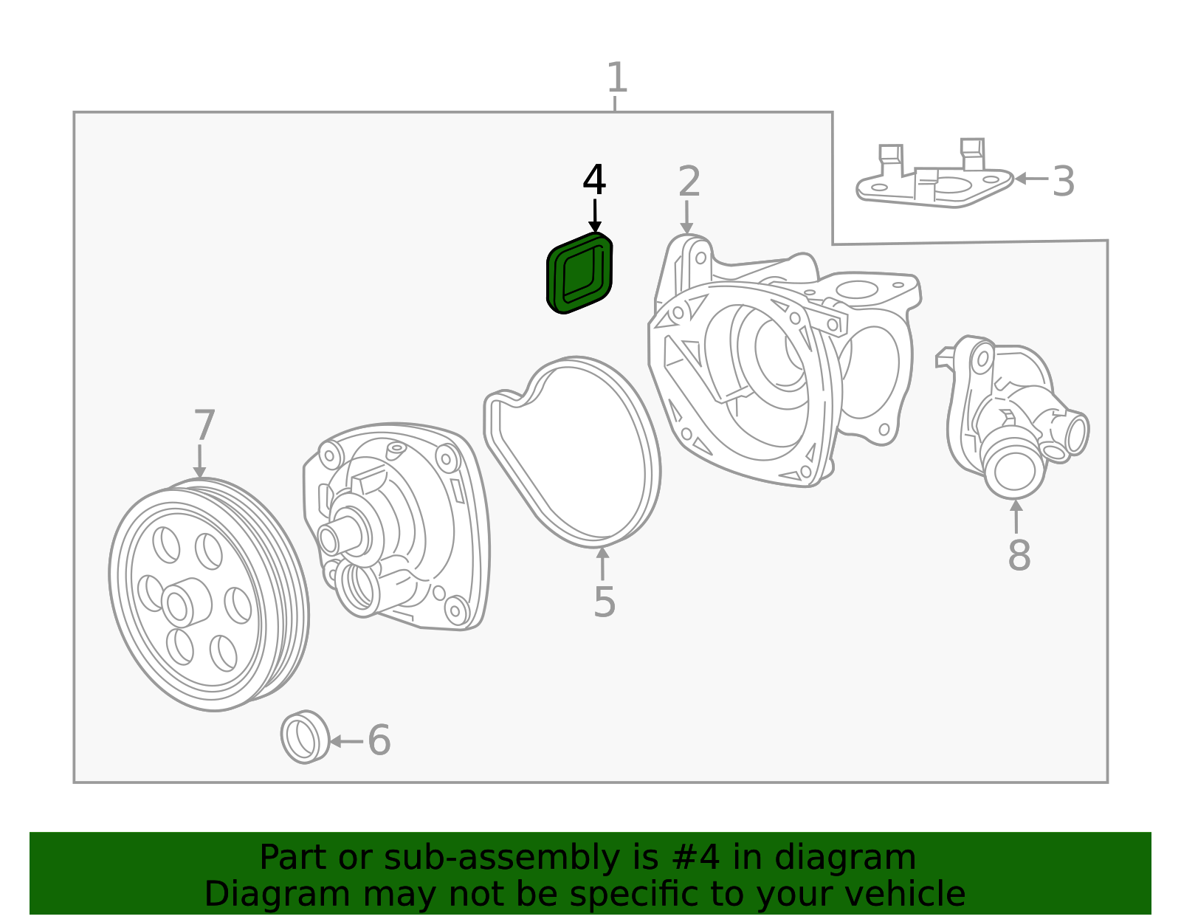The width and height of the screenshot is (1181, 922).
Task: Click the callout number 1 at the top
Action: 616,78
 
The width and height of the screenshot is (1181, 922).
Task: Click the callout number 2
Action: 689,182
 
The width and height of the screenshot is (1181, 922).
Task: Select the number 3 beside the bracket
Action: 1063,182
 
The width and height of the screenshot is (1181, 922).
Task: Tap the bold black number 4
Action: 594,181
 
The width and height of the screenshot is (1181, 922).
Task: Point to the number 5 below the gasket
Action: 604,602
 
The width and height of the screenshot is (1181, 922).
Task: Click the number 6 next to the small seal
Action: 379,740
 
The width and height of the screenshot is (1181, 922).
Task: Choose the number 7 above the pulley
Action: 204,426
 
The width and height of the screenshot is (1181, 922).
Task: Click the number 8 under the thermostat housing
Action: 1019,555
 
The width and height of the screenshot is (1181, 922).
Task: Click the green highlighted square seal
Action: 579,273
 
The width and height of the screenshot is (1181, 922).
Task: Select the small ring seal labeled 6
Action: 304,737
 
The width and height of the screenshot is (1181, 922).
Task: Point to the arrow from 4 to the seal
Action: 595,216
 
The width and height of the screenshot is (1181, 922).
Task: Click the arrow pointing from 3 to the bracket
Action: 1030,179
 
